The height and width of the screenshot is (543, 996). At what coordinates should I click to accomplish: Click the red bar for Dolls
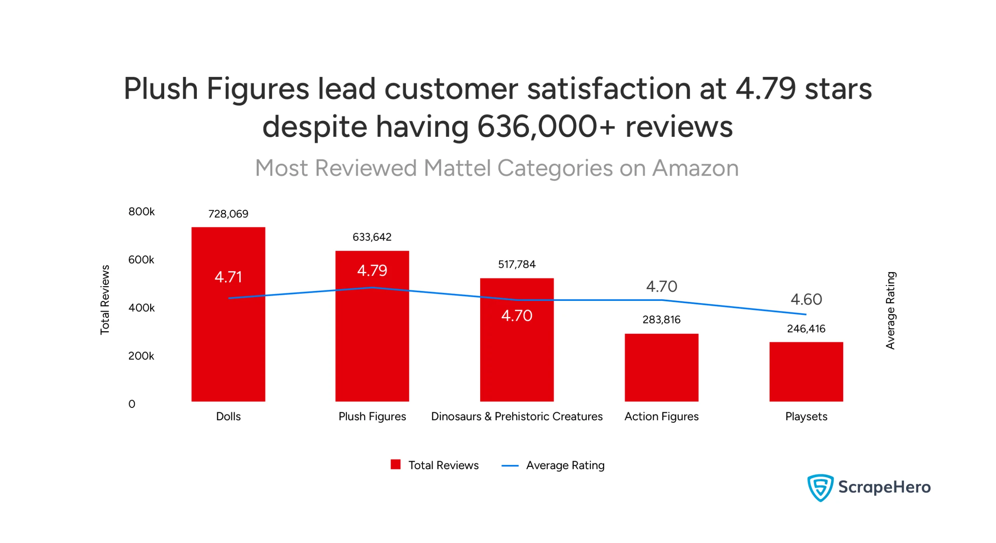coord(228,342)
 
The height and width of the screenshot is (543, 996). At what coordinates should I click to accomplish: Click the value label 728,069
coord(228,213)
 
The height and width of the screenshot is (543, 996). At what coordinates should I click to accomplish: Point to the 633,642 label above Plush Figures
coord(372,237)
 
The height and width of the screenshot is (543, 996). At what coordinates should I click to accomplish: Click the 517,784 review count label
coord(516,264)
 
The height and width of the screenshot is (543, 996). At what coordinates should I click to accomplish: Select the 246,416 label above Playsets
coord(806,328)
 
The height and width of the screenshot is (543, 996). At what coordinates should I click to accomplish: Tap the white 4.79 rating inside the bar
coord(372,270)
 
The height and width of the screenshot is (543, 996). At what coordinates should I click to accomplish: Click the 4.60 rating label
coord(806,299)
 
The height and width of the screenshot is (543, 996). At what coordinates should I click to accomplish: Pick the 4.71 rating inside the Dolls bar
coord(228,277)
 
